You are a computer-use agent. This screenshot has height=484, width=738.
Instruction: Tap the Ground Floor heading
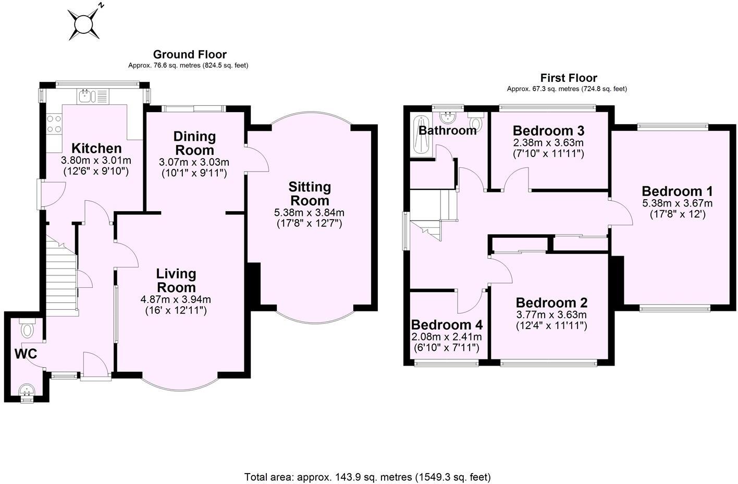[x=190, y=54]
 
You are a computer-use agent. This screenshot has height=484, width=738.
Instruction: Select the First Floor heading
[x=569, y=78]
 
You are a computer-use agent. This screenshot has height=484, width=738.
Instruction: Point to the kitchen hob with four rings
[x=54, y=124]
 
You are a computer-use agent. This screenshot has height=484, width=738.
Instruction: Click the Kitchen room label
[x=96, y=148]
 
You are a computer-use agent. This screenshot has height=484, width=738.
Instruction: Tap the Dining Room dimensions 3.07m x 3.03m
[x=194, y=162]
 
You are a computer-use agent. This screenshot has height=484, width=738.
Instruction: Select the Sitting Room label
[x=310, y=193]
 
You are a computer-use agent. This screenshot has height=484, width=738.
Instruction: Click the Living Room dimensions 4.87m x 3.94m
[x=176, y=299]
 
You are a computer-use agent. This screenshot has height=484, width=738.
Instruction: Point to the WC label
[x=26, y=354]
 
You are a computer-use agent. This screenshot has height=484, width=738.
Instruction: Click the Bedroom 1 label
[x=677, y=191]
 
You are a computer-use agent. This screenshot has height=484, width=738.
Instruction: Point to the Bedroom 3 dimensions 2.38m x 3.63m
[x=548, y=142]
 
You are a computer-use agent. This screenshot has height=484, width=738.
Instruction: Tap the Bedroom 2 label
[x=551, y=302]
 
